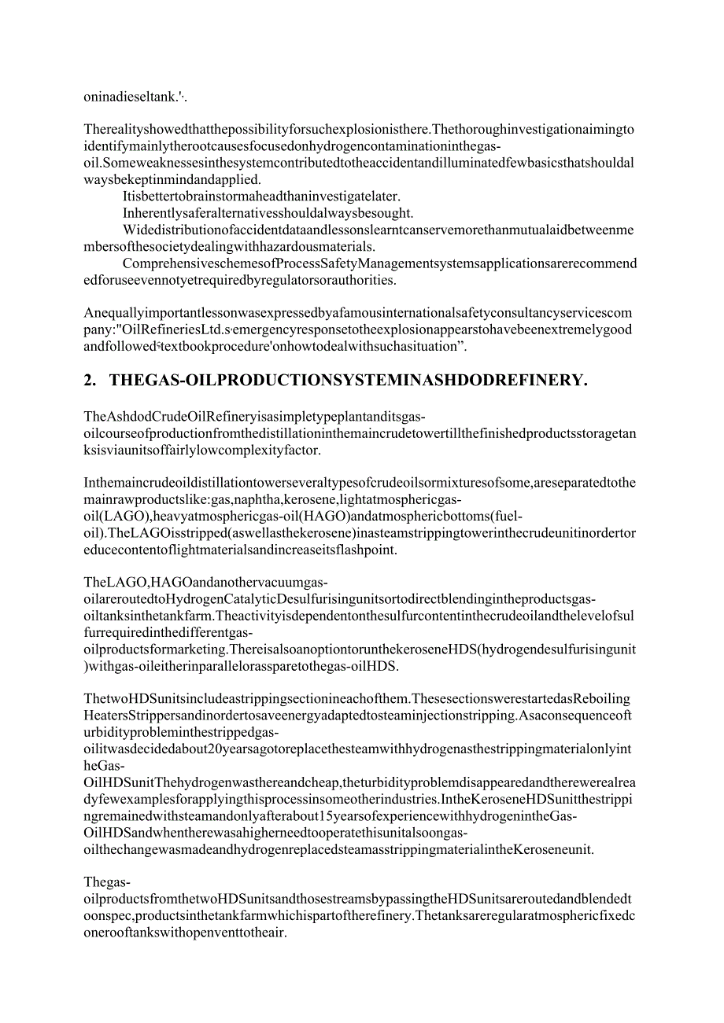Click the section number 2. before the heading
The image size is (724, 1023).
click(89, 381)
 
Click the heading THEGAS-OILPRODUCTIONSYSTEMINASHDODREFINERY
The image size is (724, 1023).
click(348, 381)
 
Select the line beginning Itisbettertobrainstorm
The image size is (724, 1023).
click(261, 196)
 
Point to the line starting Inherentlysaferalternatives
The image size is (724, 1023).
click(268, 213)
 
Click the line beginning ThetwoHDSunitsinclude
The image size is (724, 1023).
click(356, 699)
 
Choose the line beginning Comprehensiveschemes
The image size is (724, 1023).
click(379, 263)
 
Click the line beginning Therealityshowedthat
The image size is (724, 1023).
click(359, 129)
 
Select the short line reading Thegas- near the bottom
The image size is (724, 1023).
click(101, 882)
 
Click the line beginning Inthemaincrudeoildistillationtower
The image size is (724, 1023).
click(360, 482)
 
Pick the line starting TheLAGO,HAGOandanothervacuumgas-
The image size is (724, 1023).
click(205, 582)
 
